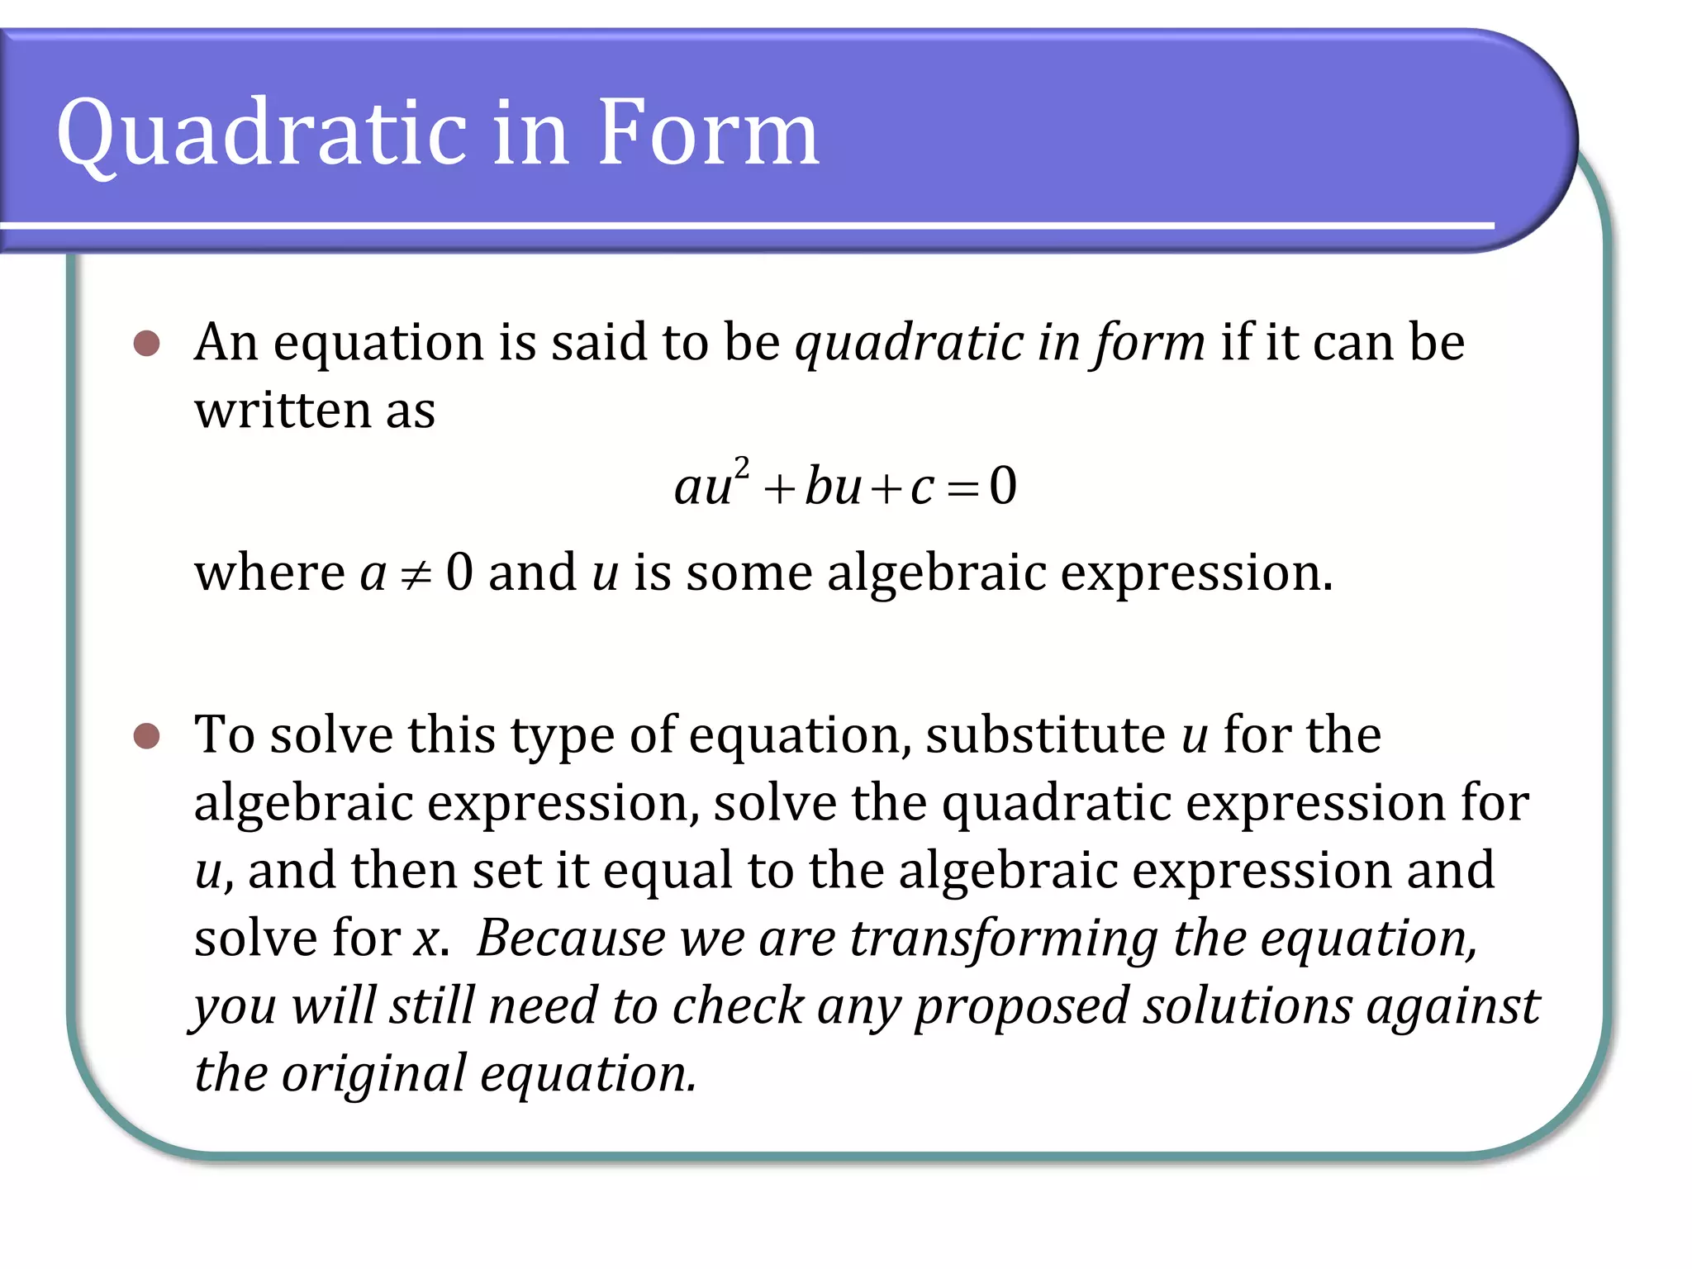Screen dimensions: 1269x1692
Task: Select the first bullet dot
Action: tap(146, 343)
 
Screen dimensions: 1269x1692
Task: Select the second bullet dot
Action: tap(146, 735)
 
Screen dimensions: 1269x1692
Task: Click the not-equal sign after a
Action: tap(416, 575)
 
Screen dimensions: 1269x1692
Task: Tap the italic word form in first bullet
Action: tap(1149, 343)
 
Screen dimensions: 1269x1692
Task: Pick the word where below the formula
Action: tap(269, 573)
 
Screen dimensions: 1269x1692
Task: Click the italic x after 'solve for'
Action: tap(427, 939)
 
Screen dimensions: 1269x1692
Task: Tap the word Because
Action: tap(571, 939)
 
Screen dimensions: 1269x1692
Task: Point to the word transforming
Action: tap(1004, 939)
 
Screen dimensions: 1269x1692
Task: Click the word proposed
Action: tap(1022, 1007)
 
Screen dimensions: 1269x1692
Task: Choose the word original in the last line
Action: tap(373, 1074)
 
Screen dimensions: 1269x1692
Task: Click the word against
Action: tap(1453, 1007)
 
